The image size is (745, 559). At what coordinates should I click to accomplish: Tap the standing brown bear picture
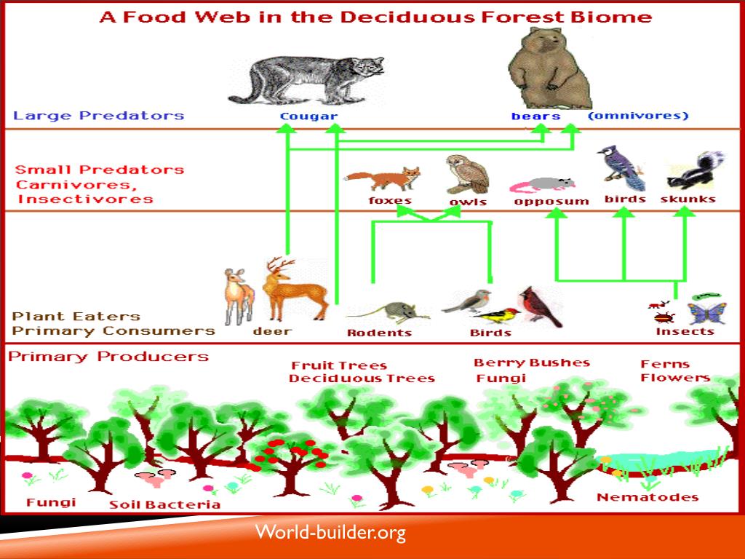click(x=548, y=69)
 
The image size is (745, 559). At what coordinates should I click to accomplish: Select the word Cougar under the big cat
click(x=308, y=116)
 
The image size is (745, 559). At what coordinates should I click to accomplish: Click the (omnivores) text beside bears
click(x=637, y=116)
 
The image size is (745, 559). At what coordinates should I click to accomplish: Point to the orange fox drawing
click(x=383, y=179)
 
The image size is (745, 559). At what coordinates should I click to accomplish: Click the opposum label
click(x=551, y=202)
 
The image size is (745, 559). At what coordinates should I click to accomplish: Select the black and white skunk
click(x=695, y=171)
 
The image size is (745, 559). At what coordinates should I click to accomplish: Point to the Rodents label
click(x=379, y=333)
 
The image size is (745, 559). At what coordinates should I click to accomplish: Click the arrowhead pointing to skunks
click(x=685, y=213)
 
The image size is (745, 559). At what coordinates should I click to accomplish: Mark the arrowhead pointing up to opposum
click(x=557, y=213)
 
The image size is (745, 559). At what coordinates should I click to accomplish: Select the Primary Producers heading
click(x=109, y=357)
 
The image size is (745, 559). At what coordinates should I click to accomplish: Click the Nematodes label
click(x=648, y=498)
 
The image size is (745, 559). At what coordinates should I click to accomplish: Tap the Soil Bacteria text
click(x=164, y=504)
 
